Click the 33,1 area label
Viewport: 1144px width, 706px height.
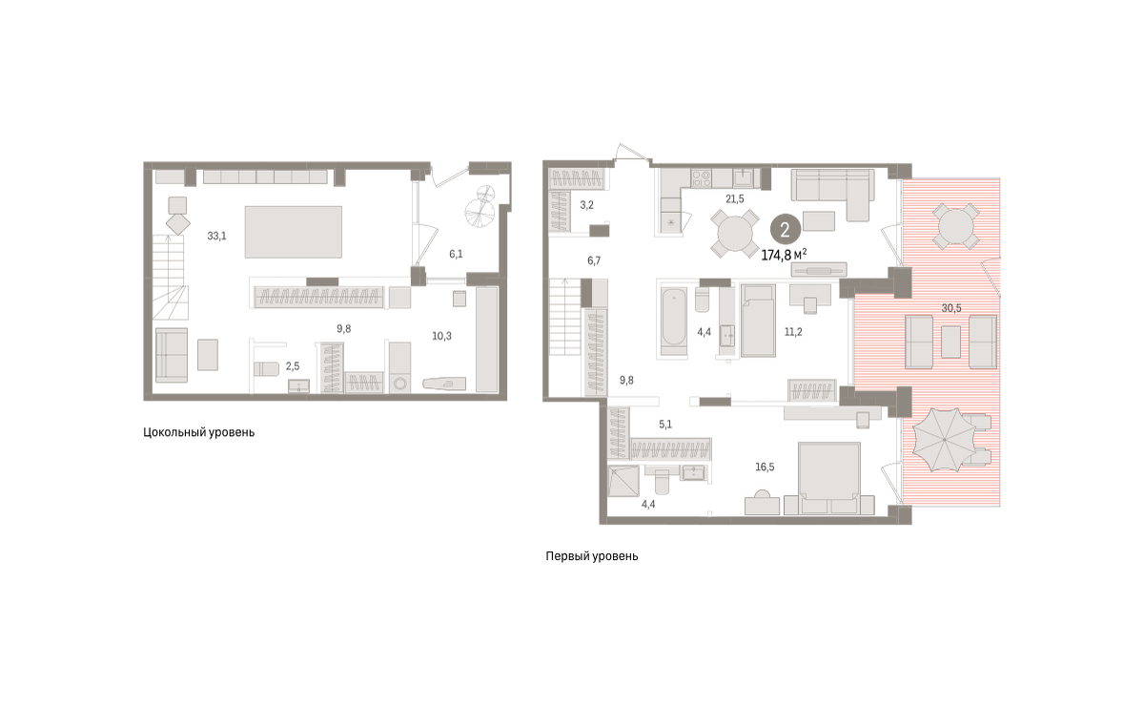tap(216, 237)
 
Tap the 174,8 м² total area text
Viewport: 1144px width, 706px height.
tap(784, 255)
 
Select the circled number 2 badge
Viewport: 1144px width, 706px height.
tap(785, 229)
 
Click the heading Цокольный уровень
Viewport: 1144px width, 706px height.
tap(198, 432)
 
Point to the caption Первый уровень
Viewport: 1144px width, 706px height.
tap(591, 556)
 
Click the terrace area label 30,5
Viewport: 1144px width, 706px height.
tap(951, 308)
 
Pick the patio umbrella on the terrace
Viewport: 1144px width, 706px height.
tap(945, 440)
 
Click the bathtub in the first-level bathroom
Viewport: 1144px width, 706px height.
tap(673, 322)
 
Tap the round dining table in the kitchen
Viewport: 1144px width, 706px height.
tap(735, 234)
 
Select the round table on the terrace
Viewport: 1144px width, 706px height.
tap(956, 226)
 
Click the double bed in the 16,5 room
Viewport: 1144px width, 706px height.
tap(828, 478)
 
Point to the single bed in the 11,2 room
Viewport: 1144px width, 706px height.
tap(759, 321)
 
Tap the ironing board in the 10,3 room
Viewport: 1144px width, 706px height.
tap(444, 384)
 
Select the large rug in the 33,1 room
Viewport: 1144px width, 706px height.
tap(294, 232)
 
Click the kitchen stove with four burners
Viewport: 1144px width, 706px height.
tap(701, 178)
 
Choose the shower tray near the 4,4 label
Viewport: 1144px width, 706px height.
tap(623, 481)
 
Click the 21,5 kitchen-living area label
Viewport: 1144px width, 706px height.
tap(735, 199)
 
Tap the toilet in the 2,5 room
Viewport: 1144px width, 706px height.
tap(266, 368)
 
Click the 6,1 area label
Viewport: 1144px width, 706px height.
tap(456, 254)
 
